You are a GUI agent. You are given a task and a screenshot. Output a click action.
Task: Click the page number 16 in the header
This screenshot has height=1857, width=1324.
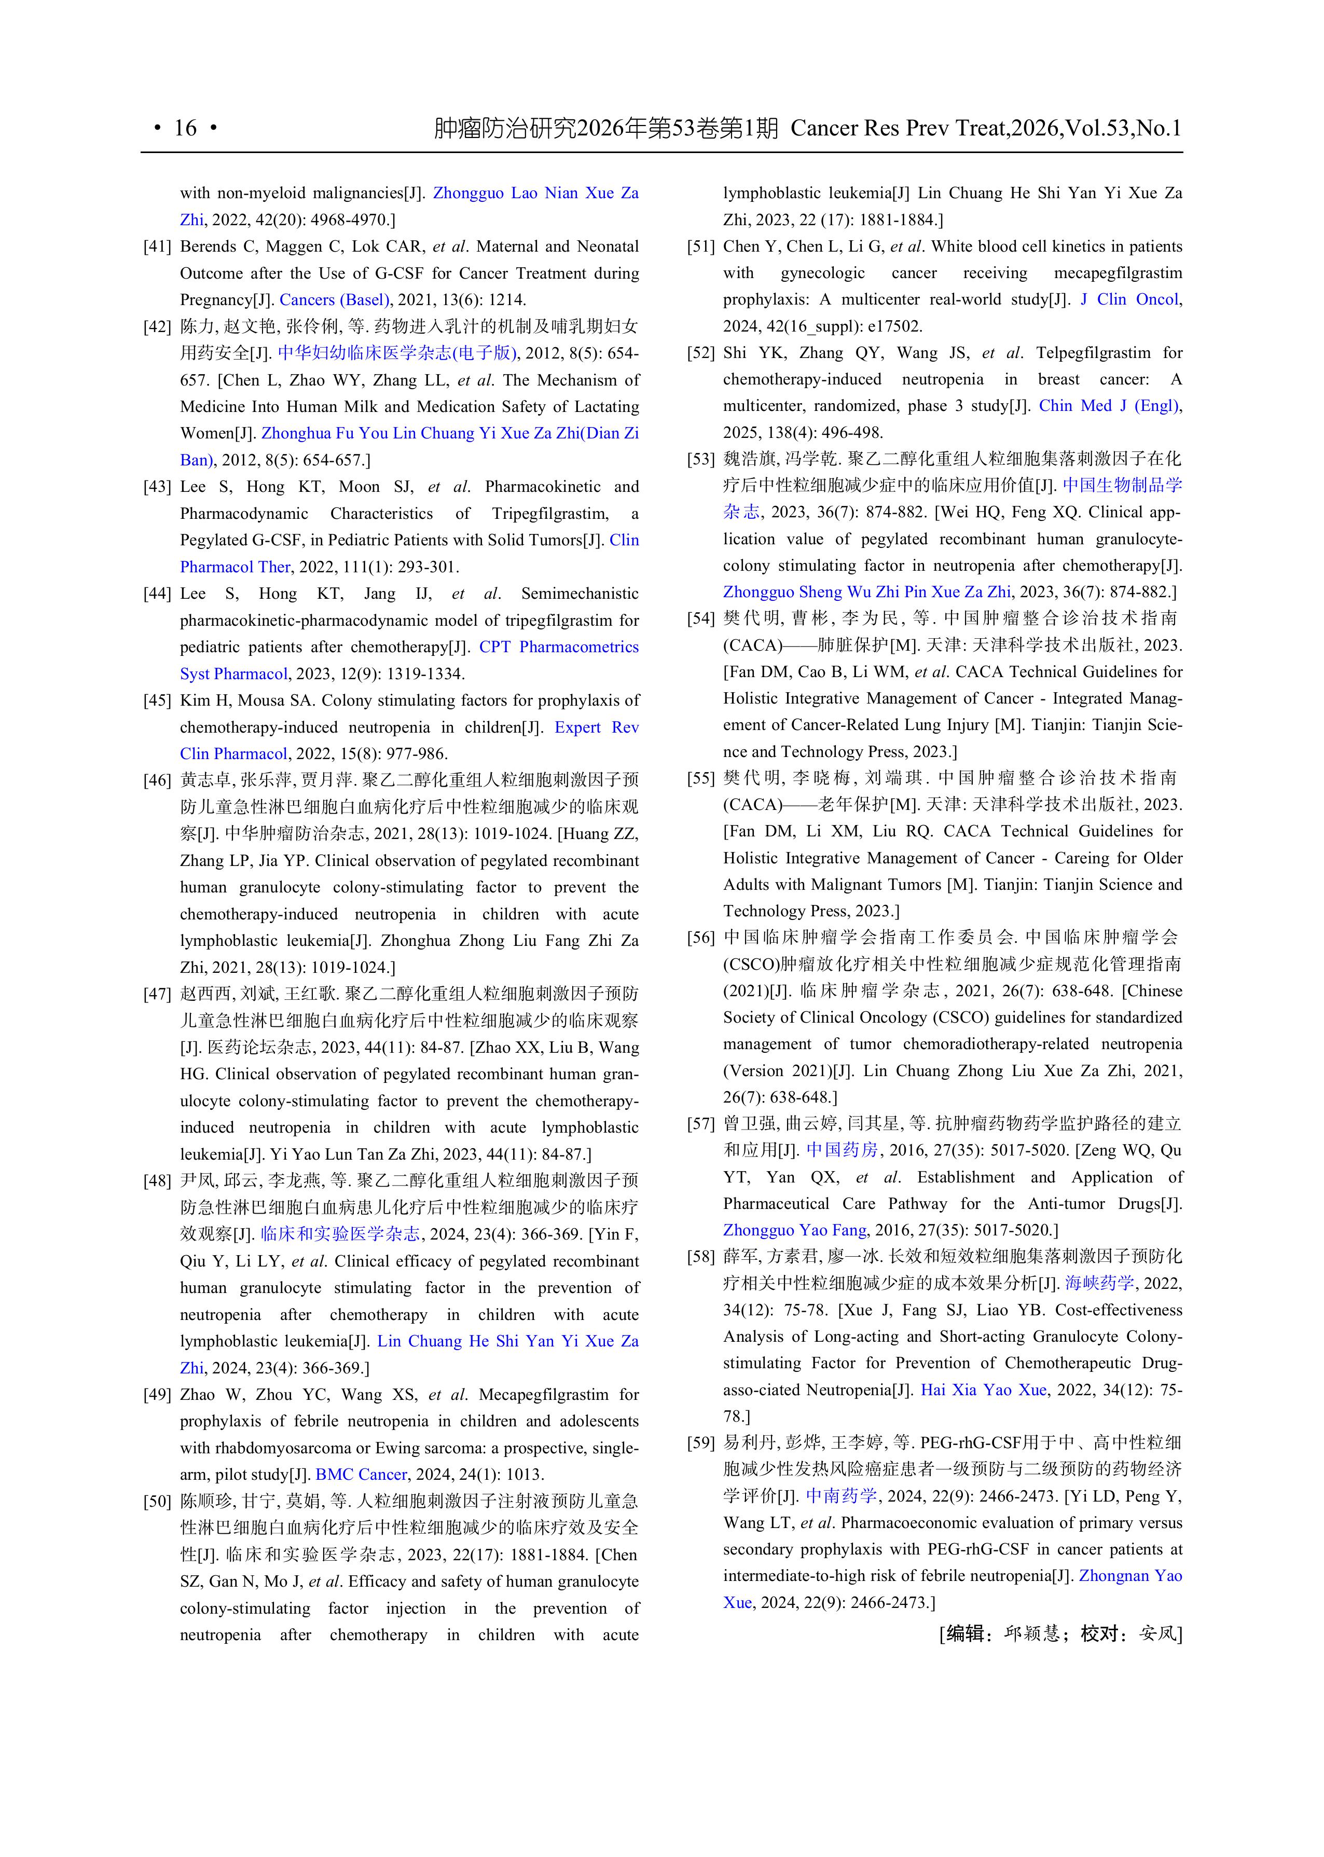click(x=185, y=128)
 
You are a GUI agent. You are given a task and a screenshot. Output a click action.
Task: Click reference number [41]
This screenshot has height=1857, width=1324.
click(x=157, y=246)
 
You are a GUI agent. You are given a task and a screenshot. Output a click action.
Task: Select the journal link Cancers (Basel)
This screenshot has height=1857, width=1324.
click(x=334, y=300)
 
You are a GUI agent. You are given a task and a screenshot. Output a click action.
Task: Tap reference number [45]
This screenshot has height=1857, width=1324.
click(x=157, y=701)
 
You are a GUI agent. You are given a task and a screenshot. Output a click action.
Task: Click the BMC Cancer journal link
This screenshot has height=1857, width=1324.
click(x=361, y=1475)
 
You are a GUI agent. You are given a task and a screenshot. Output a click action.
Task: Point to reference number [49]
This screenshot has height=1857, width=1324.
click(x=157, y=1395)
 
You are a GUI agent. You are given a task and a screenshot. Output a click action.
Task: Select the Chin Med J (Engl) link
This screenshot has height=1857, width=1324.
click(x=1110, y=406)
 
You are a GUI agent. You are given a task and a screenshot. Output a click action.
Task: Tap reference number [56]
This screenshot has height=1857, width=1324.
click(x=700, y=938)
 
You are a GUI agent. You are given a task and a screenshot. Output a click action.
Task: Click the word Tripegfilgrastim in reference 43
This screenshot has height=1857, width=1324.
click(x=549, y=514)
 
